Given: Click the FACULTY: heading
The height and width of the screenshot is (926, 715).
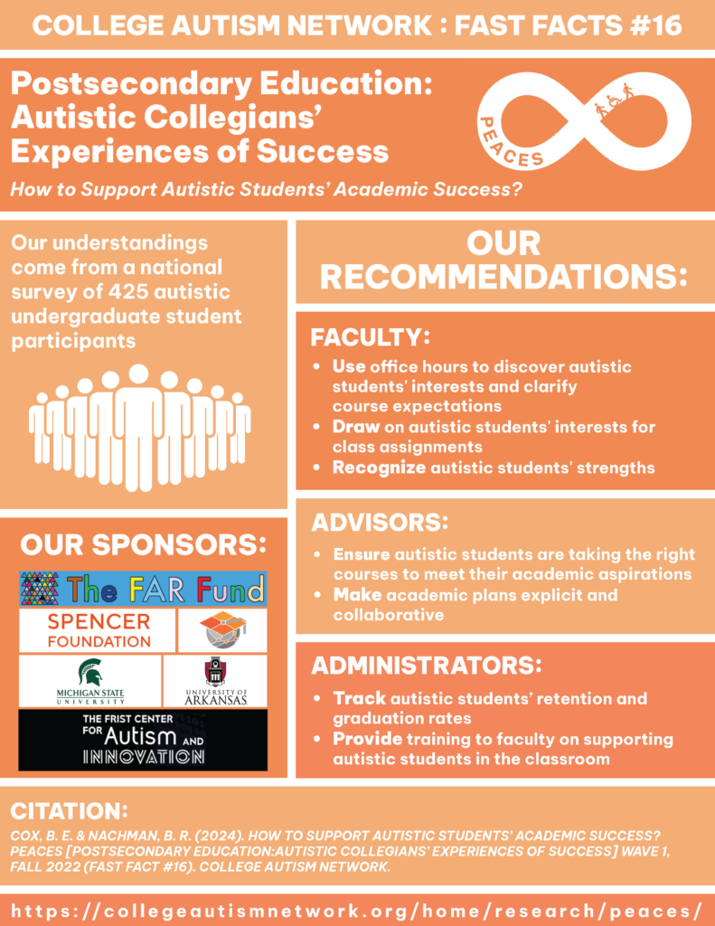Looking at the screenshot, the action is pos(371,337).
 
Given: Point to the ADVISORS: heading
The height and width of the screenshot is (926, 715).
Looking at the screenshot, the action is pos(380,522).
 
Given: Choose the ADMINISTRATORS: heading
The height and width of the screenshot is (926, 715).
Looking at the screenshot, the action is pos(427,665).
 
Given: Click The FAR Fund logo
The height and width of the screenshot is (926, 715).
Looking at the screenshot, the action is pos(143,589).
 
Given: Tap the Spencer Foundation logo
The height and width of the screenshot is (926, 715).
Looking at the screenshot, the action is pos(98,630).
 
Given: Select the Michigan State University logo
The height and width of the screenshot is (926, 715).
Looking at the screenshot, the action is pos(90,681).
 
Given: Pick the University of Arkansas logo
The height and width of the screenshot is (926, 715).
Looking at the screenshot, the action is pos(215,681).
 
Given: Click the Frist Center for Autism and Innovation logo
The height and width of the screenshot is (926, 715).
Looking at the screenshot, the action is pos(143,740).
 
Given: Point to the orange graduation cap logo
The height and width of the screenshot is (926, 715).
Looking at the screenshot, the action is pos(222,630).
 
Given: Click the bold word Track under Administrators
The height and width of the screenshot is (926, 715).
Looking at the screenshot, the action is pos(359,698).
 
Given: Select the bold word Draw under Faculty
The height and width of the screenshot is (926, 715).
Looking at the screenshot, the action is pos(355,427).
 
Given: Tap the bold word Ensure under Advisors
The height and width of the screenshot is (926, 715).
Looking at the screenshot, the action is pos(362,554).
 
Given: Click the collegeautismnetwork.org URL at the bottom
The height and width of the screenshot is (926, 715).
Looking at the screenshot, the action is pos(357,910).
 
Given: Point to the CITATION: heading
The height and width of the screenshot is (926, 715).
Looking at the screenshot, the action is pos(69,811).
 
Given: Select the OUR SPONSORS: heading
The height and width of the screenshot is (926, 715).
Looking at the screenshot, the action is pos(143,544).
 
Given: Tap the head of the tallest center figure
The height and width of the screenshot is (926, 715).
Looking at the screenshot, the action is pos(138,373).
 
